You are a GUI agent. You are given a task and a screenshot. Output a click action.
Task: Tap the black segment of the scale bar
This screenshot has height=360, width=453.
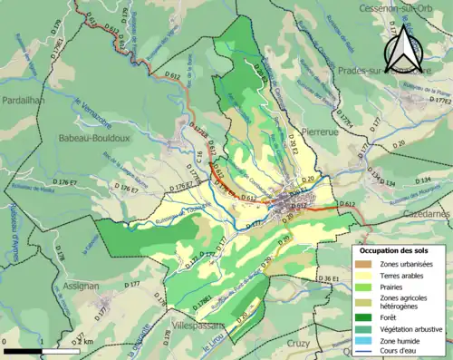click(23, 349)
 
